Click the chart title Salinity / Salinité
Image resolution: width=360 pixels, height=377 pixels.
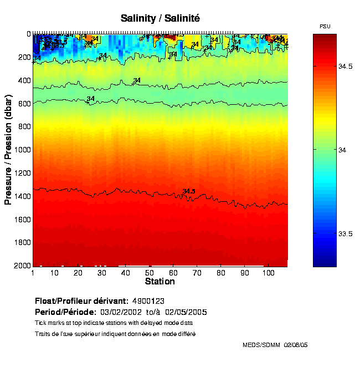160,18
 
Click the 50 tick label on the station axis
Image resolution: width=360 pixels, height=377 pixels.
150,273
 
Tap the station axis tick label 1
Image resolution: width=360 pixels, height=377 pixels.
33,273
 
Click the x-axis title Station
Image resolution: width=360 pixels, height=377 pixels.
160,282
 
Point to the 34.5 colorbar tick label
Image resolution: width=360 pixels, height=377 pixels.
346,67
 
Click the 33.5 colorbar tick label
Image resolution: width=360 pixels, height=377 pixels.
346,233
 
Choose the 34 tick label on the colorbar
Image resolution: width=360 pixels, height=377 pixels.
342,150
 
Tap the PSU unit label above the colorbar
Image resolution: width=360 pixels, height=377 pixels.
325,27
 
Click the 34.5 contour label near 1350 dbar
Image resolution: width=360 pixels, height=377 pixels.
189,191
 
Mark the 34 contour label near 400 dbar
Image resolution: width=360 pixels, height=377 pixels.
137,80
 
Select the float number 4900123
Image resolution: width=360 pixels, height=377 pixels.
148,301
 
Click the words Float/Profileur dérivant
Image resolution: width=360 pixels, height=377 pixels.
82,301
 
